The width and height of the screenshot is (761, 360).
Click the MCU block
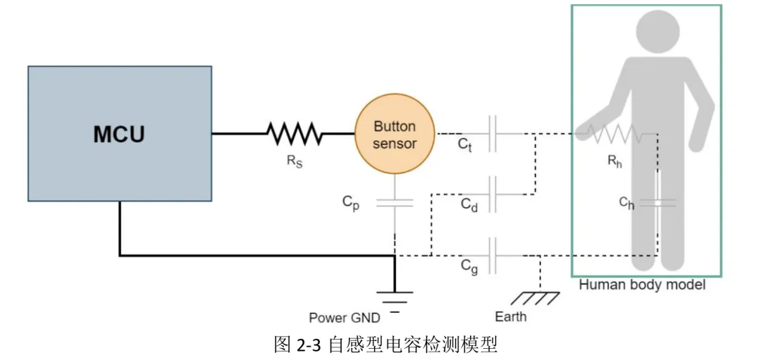click(120, 134)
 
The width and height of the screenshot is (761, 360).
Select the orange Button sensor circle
click(395, 135)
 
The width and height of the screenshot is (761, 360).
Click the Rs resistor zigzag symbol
click(294, 133)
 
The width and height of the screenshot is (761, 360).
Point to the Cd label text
click(470, 205)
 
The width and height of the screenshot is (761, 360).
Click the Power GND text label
click(345, 318)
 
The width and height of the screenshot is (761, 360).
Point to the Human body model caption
click(642, 286)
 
